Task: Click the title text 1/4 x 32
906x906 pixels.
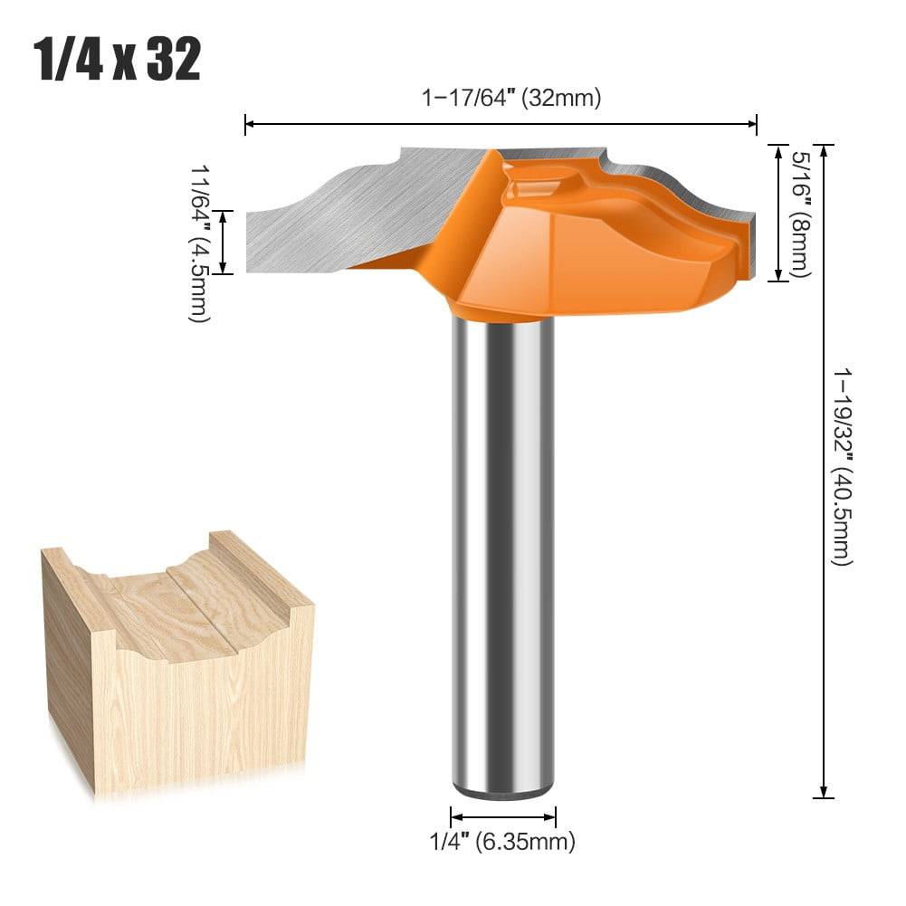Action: click(118, 61)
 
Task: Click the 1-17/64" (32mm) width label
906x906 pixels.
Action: click(511, 98)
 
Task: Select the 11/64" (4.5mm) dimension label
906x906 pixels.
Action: click(200, 243)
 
